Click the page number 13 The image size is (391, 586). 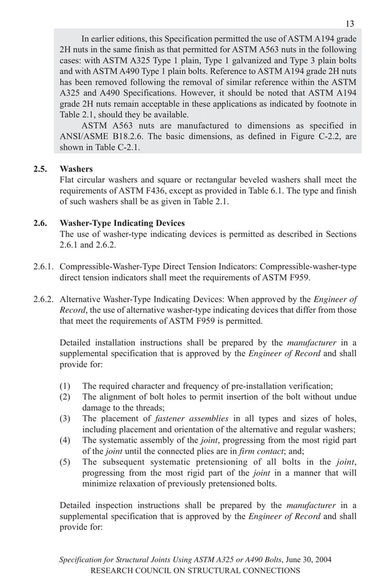click(349, 24)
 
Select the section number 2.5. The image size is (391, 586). click(40, 168)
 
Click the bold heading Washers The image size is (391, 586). click(76, 168)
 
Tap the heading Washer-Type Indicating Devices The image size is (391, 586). click(122, 224)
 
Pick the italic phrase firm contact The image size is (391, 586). click(260, 451)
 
